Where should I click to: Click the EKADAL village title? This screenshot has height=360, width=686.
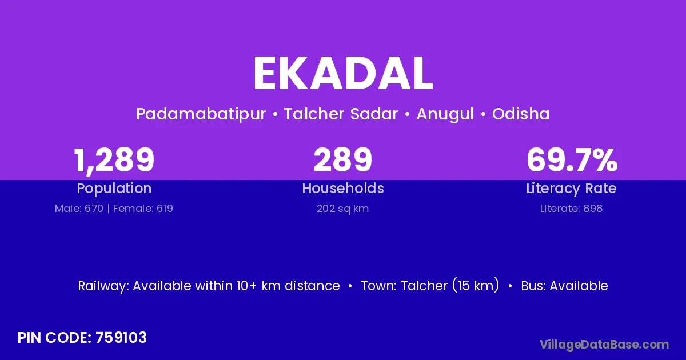point(343,74)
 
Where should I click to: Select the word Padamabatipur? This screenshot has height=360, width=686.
point(201,114)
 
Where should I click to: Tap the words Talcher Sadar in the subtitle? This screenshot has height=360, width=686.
point(341,114)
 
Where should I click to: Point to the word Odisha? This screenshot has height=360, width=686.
point(521,114)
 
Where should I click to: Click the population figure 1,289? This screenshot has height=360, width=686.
point(114,161)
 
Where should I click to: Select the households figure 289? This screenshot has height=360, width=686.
point(343,159)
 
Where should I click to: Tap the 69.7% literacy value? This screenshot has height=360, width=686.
point(572,159)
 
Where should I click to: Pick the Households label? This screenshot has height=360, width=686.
point(343,188)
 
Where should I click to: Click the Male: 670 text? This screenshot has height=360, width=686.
point(79,209)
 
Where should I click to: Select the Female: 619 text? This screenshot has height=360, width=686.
point(143,209)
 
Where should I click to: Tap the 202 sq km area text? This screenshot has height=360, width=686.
point(343,209)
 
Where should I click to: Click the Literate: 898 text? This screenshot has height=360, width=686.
point(572,209)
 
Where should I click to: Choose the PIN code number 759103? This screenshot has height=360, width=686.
point(121,338)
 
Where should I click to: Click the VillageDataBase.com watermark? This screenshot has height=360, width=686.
point(604,345)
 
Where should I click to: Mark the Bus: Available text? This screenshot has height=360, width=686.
point(564,286)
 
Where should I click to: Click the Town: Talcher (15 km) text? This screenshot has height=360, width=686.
point(430,286)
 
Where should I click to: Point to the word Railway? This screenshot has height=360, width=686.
point(103,286)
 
